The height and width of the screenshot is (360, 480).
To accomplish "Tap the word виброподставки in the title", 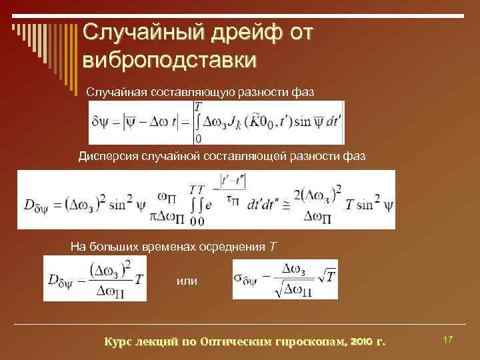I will tap(169, 59).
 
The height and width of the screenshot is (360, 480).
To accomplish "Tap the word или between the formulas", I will tap(187, 281).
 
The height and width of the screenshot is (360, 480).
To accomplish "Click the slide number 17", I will tap(448, 341).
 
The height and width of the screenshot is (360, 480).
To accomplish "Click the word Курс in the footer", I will tap(119, 342).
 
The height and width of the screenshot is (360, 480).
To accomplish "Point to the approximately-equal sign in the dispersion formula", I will tap(285, 207).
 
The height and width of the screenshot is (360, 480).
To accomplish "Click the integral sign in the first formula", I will tap(198, 122).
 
